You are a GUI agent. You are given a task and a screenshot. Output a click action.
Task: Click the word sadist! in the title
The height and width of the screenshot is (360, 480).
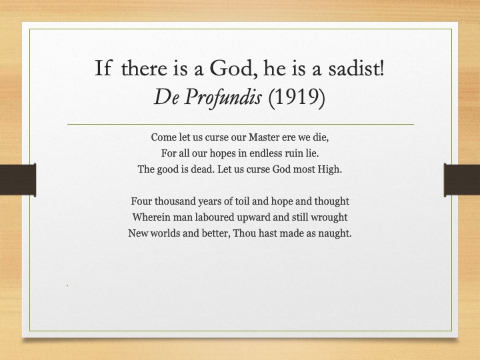[356, 68]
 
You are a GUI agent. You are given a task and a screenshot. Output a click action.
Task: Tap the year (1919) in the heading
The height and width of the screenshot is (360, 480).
[296, 97]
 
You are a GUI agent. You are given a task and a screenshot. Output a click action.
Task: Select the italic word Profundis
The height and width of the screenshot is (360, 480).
[223, 98]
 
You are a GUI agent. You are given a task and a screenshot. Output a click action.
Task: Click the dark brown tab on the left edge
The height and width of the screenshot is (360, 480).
[18, 180]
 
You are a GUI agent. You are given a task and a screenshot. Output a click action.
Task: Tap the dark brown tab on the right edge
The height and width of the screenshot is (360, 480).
[461, 180]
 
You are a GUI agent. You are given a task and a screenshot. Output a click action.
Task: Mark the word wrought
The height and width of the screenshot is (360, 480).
[329, 217]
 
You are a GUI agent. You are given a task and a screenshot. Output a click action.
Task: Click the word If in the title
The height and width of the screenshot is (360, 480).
[103, 68]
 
